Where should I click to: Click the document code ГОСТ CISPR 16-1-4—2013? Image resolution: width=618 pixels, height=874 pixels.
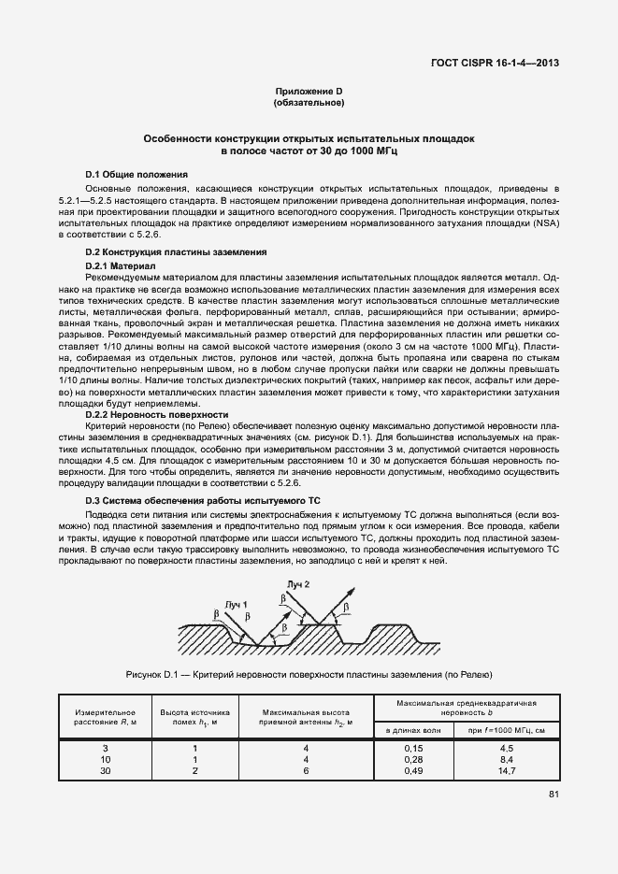click(x=500, y=64)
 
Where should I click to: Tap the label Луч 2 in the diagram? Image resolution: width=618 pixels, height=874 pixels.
click(x=297, y=584)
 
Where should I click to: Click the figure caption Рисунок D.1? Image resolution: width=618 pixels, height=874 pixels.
click(x=309, y=674)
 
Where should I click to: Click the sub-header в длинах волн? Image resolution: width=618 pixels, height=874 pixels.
click(x=414, y=728)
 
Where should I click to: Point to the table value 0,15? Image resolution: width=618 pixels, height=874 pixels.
click(x=414, y=749)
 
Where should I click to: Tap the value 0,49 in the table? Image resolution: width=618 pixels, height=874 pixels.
click(x=414, y=770)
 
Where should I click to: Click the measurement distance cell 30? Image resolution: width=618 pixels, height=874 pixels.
click(x=105, y=770)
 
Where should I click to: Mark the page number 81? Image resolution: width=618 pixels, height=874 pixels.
click(x=554, y=795)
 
